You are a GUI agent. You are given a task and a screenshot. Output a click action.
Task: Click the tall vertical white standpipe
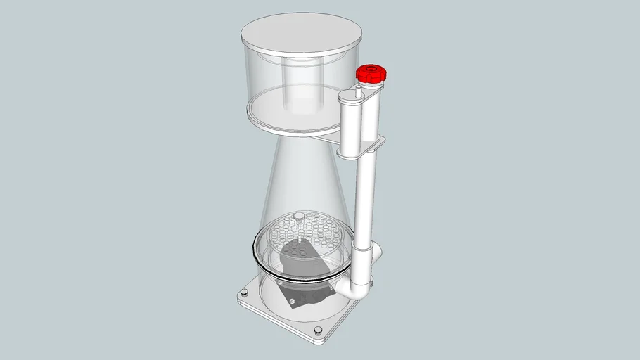(x=366, y=190)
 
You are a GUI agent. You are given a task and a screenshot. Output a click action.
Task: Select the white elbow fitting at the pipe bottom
(x=357, y=286)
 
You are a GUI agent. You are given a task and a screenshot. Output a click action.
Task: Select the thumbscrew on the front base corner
(x=316, y=330)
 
